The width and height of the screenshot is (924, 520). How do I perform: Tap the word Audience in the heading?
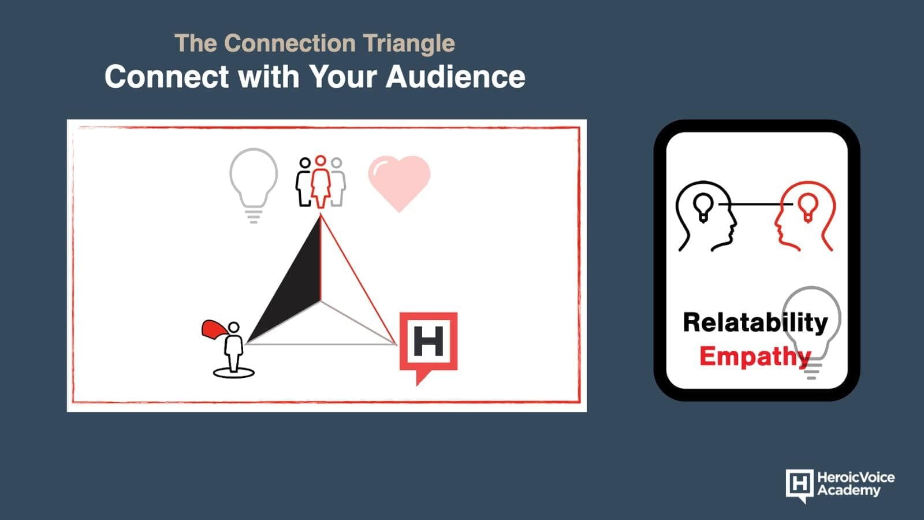click(x=456, y=77)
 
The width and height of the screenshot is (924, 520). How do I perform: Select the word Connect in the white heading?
click(x=167, y=77)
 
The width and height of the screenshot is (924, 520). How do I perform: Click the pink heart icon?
click(x=399, y=183)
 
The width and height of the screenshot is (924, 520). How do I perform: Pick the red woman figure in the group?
click(x=321, y=181)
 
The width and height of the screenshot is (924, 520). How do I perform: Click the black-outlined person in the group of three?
click(x=303, y=181)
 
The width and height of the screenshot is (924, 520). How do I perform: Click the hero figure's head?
click(x=234, y=328)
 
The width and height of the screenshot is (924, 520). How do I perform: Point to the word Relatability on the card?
click(x=755, y=323)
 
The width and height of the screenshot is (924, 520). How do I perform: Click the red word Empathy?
click(x=755, y=356)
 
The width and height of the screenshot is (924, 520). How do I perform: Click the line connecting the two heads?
click(x=755, y=205)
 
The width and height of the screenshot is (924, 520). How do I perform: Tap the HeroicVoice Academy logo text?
click(x=856, y=484)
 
